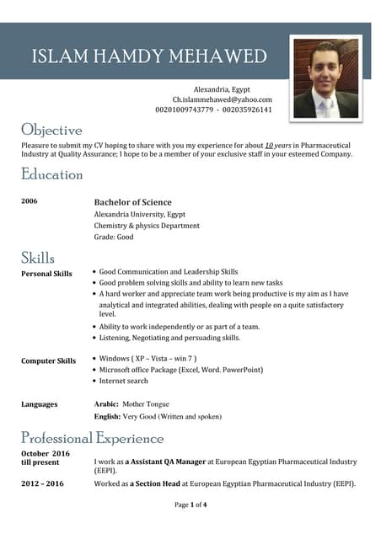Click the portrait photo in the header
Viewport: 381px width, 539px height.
click(x=325, y=78)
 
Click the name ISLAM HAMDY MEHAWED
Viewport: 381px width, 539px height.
click(x=149, y=57)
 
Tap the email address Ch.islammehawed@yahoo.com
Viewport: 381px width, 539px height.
click(x=223, y=99)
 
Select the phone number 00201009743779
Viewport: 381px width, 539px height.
click(x=184, y=110)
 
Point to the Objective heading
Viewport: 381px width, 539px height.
click(x=51, y=130)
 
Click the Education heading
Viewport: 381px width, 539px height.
click(x=52, y=174)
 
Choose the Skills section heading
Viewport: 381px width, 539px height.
click(x=38, y=258)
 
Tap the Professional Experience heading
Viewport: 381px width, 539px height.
click(x=93, y=438)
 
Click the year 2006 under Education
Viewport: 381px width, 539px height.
click(x=30, y=201)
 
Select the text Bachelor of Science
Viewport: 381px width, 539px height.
click(x=132, y=202)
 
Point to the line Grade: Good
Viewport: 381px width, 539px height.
click(x=114, y=237)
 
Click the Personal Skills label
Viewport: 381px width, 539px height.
click(x=46, y=274)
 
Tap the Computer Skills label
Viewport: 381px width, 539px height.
click(x=48, y=361)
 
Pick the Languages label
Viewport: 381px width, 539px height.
click(x=39, y=404)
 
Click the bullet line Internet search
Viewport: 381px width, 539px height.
click(x=123, y=381)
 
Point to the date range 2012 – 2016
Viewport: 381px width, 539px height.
click(x=42, y=483)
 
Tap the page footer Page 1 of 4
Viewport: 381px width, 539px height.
click(x=190, y=504)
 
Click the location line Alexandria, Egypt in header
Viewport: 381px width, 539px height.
click(x=222, y=89)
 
